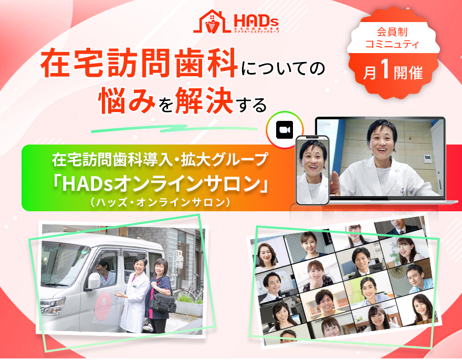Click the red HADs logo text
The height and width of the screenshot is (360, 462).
pos(256,20)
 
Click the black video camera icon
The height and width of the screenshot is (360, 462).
pos(284,130)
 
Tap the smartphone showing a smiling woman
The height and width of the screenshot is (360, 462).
pos(312,170)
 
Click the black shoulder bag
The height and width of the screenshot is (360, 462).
pos(164,303)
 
